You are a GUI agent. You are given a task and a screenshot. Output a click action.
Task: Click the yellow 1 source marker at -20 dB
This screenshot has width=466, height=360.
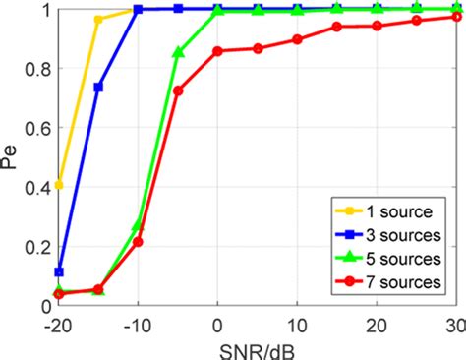click(59, 185)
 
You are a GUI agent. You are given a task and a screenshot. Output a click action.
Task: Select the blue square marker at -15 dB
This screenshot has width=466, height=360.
click(98, 88)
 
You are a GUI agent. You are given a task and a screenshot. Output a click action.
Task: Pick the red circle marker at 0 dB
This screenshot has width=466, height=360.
click(217, 51)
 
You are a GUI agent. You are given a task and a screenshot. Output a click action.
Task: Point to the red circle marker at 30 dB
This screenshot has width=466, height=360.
click(456, 17)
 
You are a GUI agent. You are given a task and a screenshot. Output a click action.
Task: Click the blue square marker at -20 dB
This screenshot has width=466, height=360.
click(59, 271)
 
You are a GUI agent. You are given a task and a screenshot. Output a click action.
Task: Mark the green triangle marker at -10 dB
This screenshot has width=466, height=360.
click(138, 225)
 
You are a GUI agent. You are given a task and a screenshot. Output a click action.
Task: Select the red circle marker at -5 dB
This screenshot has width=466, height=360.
click(178, 90)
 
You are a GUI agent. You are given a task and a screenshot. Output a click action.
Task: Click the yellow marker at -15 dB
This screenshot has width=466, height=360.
click(98, 20)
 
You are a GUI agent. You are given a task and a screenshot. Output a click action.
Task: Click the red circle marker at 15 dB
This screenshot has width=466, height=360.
click(337, 27)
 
